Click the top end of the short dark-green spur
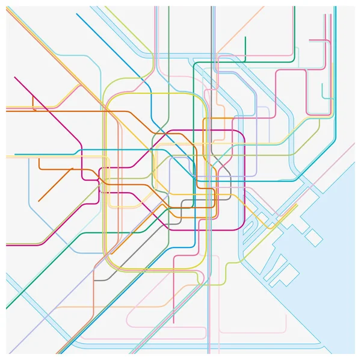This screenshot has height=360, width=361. [245, 37]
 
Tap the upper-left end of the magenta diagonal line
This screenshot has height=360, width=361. [14, 77]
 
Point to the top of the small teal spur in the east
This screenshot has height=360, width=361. [322, 84]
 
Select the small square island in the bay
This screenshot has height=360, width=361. [312, 237]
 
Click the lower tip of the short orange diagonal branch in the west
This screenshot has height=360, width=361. [39, 201]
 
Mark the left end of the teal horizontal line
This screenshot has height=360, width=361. [14, 155]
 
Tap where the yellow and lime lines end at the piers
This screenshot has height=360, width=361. [297, 205]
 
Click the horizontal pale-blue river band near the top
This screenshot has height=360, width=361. [168, 55]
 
